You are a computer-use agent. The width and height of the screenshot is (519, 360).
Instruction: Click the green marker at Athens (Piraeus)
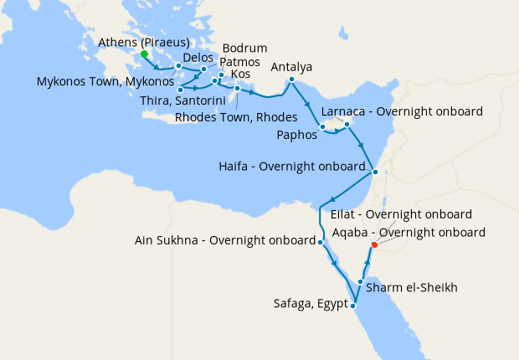tap(144, 54)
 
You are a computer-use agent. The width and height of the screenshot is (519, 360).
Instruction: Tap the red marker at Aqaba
tap(374, 244)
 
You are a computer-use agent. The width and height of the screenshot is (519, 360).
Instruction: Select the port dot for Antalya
tap(291, 80)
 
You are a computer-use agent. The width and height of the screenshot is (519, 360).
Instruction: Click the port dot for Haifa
tap(375, 172)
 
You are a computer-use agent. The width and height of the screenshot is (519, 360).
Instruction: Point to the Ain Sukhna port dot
tap(321, 242)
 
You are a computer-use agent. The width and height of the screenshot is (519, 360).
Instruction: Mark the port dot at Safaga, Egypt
tap(353, 306)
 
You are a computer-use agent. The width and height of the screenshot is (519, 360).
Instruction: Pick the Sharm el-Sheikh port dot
tap(361, 282)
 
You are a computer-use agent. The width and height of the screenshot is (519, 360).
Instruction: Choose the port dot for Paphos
tap(323, 127)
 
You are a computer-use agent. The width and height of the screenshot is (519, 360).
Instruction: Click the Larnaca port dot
tap(347, 126)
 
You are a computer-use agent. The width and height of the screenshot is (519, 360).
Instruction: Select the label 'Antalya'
tap(292, 67)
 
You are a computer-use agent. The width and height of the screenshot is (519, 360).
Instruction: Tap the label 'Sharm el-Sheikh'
tap(411, 288)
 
